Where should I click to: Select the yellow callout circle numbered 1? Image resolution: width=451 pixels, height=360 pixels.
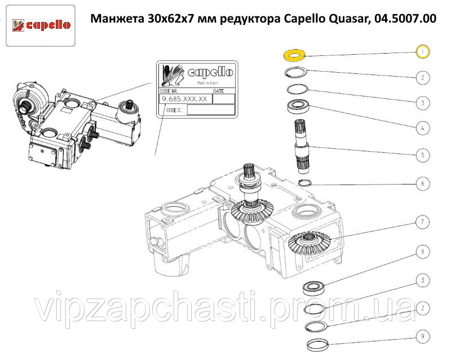(x=422, y=52)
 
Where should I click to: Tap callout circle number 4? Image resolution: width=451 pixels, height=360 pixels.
(x=422, y=128)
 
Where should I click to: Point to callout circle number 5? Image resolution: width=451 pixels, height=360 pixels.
(x=422, y=155)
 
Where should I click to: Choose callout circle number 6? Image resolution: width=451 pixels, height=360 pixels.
(x=422, y=183)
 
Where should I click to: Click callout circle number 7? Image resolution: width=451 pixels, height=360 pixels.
(x=422, y=222)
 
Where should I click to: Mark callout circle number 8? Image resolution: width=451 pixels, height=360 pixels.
(x=422, y=252)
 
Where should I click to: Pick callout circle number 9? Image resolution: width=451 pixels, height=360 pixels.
(x=422, y=336)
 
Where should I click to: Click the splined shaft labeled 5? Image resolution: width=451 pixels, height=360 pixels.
(x=302, y=146)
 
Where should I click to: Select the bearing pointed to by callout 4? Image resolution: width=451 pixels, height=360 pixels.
(x=298, y=106)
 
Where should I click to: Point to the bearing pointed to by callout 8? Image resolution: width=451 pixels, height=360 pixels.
(x=314, y=288)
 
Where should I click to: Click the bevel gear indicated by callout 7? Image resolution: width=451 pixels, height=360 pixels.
(x=309, y=243)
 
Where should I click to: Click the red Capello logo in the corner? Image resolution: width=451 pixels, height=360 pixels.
(x=41, y=25)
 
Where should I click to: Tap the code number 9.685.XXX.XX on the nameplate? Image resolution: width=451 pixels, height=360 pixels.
(x=185, y=99)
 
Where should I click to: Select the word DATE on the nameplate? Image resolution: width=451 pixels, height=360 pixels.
(x=219, y=91)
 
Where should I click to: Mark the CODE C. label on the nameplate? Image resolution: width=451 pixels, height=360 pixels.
(x=174, y=110)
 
